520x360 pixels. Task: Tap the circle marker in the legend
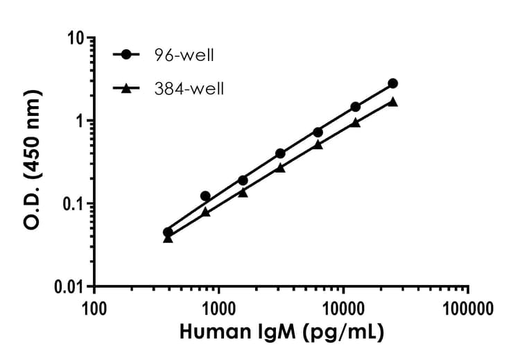(125, 55)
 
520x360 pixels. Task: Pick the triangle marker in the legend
(125, 88)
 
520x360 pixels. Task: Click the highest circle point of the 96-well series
(393, 83)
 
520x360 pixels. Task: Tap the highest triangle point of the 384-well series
(393, 101)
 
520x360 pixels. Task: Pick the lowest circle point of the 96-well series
(168, 232)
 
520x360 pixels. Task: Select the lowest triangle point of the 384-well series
(168, 239)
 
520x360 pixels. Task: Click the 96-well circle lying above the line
(205, 196)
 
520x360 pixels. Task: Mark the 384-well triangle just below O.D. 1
(356, 123)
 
